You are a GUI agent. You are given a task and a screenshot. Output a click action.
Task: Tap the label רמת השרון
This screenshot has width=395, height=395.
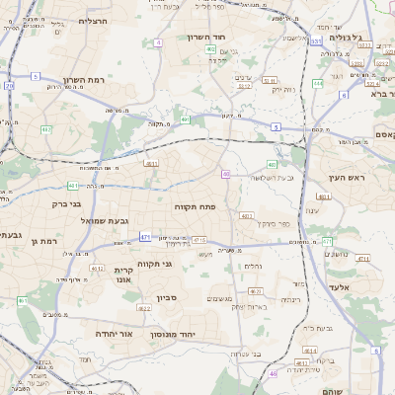[x=82, y=80]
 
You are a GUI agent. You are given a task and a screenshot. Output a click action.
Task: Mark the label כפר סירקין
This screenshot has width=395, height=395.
[x=259, y=223]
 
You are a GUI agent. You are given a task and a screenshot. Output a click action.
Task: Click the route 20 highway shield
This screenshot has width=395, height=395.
[x=9, y=86]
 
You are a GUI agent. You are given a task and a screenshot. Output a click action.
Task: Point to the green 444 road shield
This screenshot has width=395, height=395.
[x=318, y=84]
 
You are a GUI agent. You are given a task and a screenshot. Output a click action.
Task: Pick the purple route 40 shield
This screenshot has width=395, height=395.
[x=226, y=174]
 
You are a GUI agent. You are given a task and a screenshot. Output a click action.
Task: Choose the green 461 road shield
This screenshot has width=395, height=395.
[x=72, y=186]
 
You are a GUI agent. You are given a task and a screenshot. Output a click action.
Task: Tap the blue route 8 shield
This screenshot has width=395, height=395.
[x=375, y=352]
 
